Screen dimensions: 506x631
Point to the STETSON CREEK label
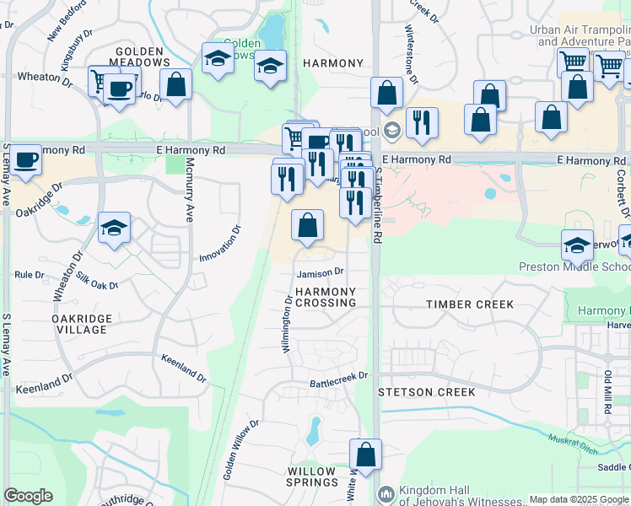pos(426,392)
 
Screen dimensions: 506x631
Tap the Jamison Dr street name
pos(320,272)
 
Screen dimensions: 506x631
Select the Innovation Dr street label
pos(221,243)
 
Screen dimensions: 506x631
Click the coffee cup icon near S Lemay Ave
pos(26,160)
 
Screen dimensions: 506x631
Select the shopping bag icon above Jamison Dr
pos(308,225)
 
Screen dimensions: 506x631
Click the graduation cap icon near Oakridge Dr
pos(114,228)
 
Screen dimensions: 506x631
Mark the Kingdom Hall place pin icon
pos(386,493)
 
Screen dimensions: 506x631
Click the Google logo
pos(28,496)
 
